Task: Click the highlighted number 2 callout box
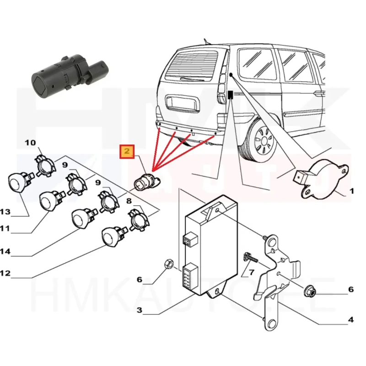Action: point(127,151)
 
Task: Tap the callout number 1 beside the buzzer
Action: point(351,191)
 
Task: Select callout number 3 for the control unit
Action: point(139,310)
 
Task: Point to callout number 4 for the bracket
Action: point(351,320)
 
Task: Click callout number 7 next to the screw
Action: point(250,273)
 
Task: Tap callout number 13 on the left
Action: point(5,211)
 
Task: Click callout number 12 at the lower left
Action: point(5,273)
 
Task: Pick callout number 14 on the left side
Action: point(5,251)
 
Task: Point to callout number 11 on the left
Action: point(5,227)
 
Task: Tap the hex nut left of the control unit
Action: point(167,264)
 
